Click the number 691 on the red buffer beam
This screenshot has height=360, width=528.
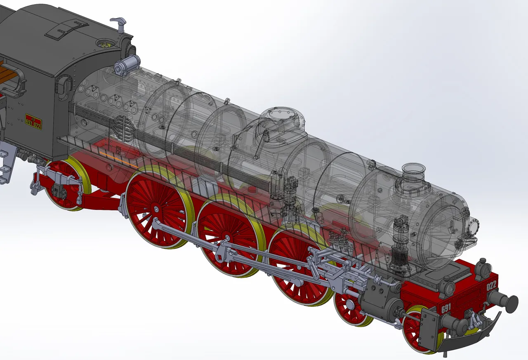(446, 308)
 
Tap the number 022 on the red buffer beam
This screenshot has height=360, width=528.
(491, 285)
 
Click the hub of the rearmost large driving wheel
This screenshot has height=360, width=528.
(156, 209)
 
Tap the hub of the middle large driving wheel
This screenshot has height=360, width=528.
(226, 238)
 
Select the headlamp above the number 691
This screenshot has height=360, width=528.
(445, 285)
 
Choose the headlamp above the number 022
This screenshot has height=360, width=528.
(481, 268)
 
